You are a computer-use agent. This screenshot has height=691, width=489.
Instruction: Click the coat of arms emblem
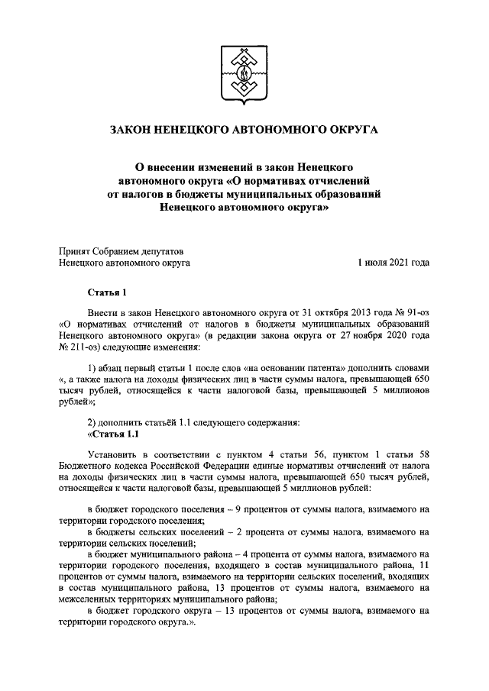click(x=244, y=74)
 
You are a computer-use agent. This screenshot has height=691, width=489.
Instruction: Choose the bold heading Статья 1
click(x=105, y=292)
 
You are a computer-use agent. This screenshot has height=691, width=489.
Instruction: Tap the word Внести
click(x=103, y=314)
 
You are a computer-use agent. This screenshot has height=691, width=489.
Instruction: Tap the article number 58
click(x=422, y=456)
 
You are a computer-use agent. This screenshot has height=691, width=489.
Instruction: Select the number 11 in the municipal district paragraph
click(x=426, y=564)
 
